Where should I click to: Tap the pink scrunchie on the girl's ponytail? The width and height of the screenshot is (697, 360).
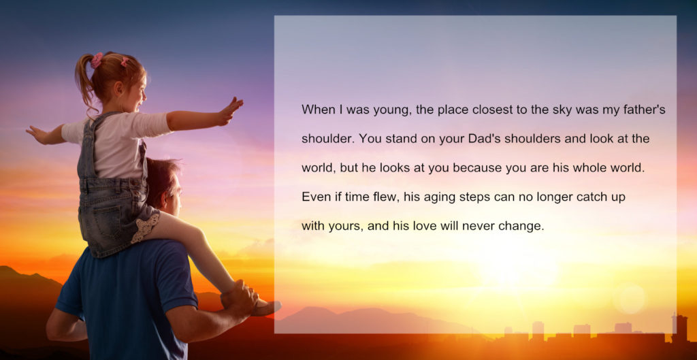[x=97, y=60]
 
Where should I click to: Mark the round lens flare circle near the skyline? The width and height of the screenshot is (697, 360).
[x=630, y=299]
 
